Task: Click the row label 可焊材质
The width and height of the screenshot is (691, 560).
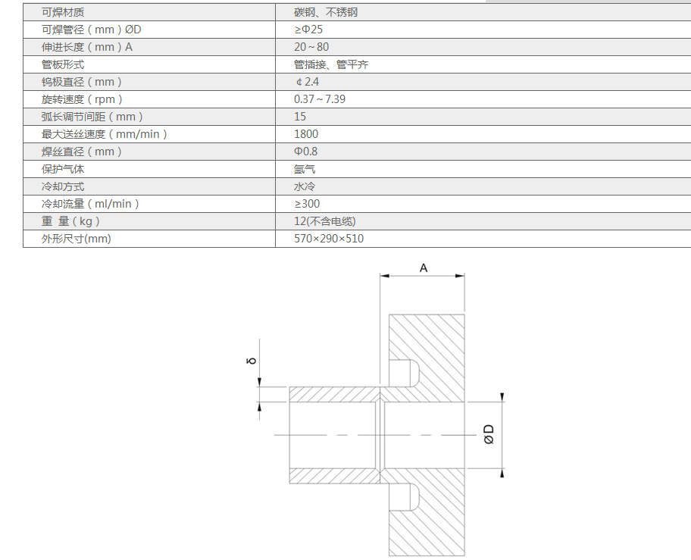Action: [63, 12]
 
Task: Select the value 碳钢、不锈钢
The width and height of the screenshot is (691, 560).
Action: [325, 12]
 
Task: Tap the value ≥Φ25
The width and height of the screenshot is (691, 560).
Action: [309, 30]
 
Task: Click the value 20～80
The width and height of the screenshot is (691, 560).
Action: [311, 47]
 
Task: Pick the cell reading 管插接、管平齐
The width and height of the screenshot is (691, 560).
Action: [331, 64]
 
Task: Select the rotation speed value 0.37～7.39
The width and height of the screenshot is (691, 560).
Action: [320, 99]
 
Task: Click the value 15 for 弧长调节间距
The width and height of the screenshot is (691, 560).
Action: [300, 117]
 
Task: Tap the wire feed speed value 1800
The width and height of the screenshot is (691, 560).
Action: [306, 134]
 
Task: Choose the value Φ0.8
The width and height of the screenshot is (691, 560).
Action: [306, 152]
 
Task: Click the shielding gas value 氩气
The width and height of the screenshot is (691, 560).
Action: [305, 169]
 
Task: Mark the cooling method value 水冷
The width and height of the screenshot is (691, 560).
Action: [305, 186]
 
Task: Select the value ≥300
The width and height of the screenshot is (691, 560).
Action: [307, 204]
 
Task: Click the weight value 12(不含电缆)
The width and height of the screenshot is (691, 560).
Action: [325, 221]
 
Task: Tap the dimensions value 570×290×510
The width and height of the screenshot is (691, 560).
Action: [329, 239]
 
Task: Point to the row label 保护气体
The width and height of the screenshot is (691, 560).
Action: [63, 169]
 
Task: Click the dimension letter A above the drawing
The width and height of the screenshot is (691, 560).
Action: [424, 267]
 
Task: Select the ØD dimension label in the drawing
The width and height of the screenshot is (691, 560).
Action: [489, 434]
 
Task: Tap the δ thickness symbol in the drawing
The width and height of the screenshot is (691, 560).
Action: [251, 361]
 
